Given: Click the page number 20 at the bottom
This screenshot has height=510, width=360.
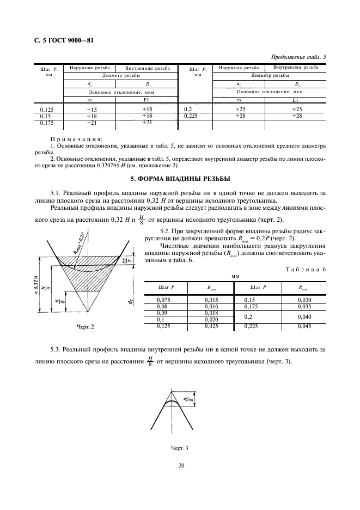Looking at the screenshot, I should tap(180, 465).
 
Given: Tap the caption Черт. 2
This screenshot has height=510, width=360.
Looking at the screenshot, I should tap(85, 326).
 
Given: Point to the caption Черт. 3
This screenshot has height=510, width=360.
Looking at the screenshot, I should tap(179, 448).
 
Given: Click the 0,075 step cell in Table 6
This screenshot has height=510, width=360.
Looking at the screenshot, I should tap(163, 300).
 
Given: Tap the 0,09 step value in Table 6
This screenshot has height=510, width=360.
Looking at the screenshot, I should tap(163, 313).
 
